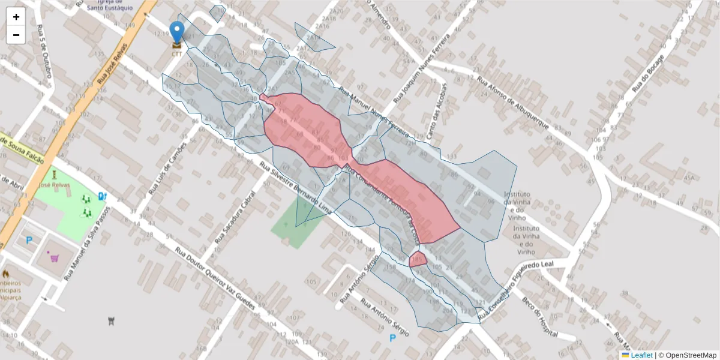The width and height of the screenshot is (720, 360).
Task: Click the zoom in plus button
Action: [x=16, y=17]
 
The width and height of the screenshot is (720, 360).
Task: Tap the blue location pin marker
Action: [x=177, y=32]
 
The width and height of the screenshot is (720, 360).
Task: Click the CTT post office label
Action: [x=177, y=54]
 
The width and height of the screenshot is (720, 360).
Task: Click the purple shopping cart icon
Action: [x=55, y=259]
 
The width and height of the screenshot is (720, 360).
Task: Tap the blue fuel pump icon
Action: [x=103, y=196]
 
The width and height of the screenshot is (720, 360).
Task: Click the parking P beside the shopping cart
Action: [x=29, y=241]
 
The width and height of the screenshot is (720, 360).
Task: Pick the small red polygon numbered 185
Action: [x=418, y=259]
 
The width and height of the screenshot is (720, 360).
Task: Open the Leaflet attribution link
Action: [x=641, y=355]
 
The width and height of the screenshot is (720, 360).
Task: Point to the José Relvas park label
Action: [x=54, y=185]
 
